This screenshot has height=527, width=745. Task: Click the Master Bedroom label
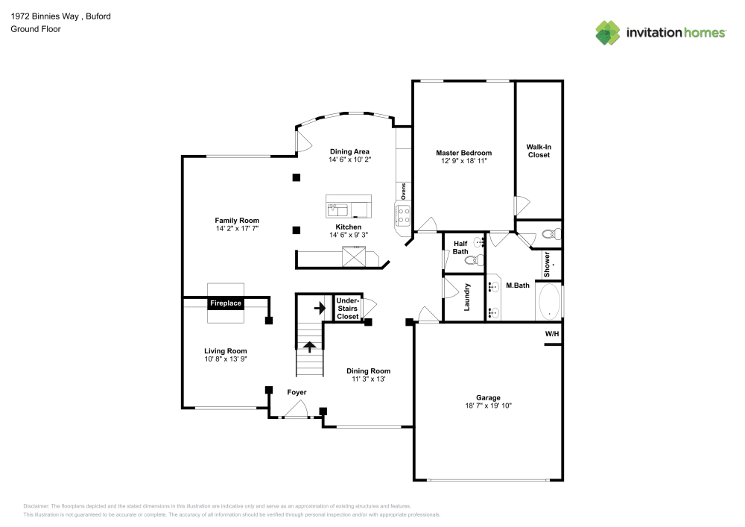coord(463,153)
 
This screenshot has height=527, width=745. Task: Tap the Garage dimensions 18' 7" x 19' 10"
coord(489,406)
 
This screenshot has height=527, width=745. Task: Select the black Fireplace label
coord(225,303)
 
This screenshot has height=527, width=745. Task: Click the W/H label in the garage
coord(551,334)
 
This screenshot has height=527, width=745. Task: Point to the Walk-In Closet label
coord(539,151)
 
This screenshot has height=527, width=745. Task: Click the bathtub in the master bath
coord(550,301)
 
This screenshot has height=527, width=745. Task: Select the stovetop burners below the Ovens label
coord(403,215)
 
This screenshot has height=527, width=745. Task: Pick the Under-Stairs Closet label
coord(348,308)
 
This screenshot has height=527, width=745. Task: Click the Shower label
coord(547,262)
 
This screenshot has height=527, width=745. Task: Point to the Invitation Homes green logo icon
coord(608,32)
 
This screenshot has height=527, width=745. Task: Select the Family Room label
coord(237,220)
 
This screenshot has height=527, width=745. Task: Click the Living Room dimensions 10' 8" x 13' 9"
coord(226,359)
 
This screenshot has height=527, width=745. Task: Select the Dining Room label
coord(368,370)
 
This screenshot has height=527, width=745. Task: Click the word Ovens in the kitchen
coord(403,191)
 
